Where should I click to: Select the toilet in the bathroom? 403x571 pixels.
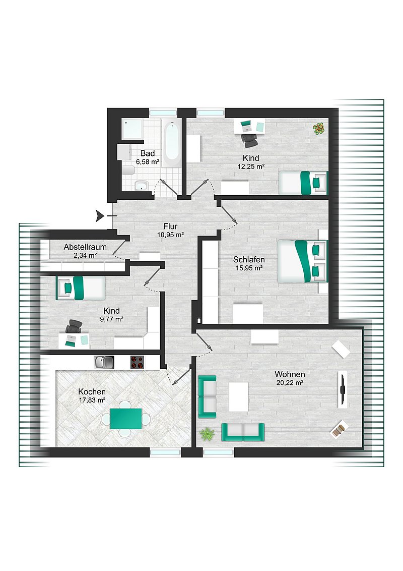coord(128,170)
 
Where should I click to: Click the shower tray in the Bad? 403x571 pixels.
coord(131,129)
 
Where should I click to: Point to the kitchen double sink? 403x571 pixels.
coord(104,362)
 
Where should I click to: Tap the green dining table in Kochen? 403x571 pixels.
coord(126,419)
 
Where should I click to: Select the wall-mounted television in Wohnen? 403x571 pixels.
coord(342,389)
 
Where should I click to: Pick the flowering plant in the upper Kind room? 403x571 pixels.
coord(319,129)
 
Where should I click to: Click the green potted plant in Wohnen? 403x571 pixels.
coord(207,434)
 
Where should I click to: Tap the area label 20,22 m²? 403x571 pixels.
coord(290,383)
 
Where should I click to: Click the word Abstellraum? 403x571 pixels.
coord(85,247)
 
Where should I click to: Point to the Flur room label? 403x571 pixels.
coord(170,226)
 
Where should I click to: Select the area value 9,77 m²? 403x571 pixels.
coord(112,319)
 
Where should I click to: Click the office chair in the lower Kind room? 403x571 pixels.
coord(74,326)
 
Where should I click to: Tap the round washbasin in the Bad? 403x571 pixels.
coord(140,186)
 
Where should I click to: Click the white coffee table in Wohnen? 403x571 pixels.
coord(238,396)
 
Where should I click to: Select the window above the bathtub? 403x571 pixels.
coord(163,112)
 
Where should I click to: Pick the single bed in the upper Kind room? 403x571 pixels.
coord(303,183)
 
